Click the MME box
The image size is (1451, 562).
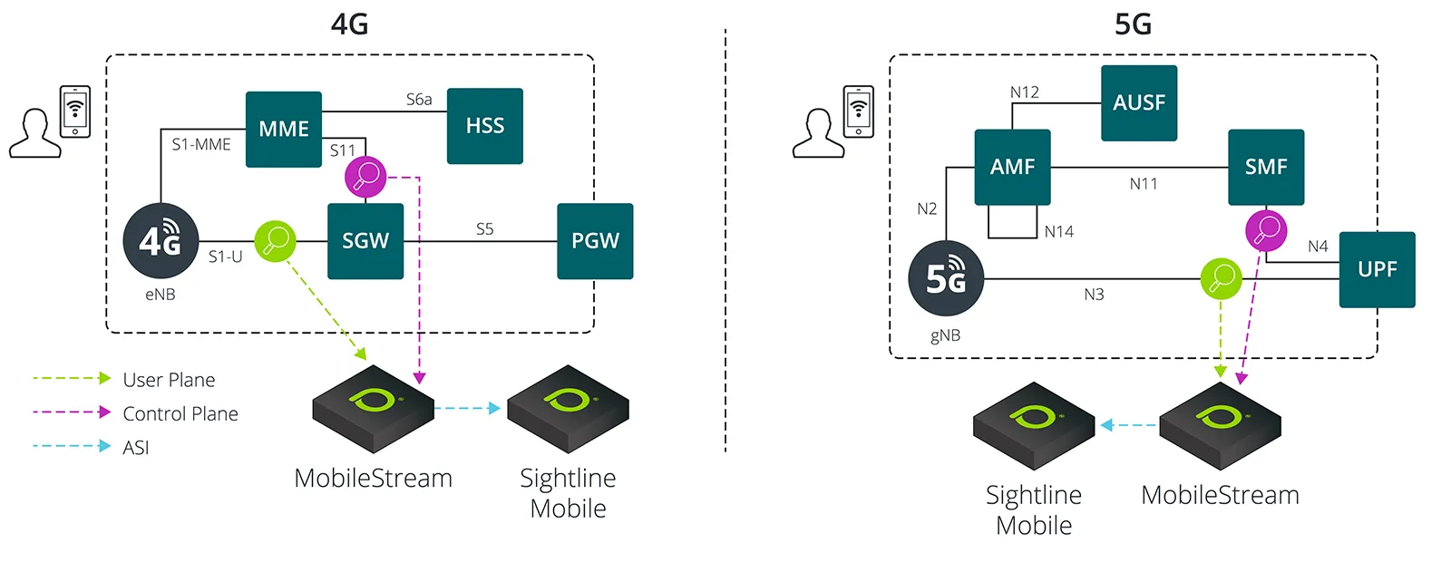pos(284,129)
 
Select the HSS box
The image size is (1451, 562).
pos(485,126)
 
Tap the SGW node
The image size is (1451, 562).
pos(365,241)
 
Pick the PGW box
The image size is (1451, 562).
pos(595,241)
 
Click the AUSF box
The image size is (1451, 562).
pos(1139,103)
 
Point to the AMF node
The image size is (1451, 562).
pos(1012,168)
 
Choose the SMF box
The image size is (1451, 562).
pos(1266,168)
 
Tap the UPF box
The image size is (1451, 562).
pos(1377,269)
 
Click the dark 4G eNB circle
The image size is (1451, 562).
pos(161,241)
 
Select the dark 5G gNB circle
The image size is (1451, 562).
pos(946,278)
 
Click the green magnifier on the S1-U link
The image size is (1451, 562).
pos(275,241)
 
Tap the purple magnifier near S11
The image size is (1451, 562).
pos(365,176)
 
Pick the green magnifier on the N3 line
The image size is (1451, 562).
pos(1221,278)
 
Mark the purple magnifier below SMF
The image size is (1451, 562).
pos(1266,230)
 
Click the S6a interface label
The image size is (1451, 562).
pos(419,100)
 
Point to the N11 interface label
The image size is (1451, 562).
pos(1144,184)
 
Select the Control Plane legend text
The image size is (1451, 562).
pos(180,414)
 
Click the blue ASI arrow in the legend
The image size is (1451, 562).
pos(72,446)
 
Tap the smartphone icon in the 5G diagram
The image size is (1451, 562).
pos(859,111)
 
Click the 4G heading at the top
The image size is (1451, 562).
pos(350,24)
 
